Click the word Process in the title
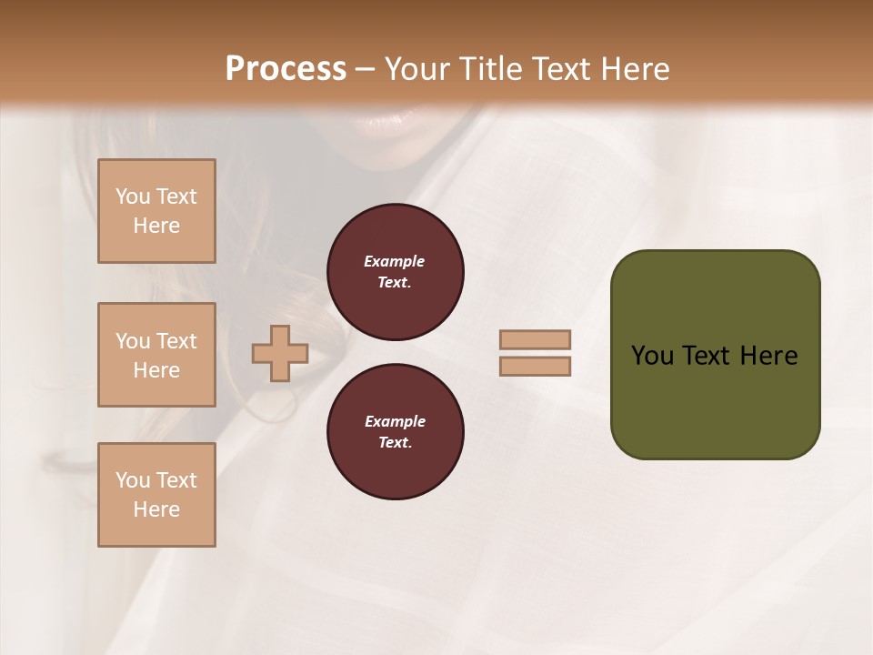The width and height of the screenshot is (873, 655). tap(286, 68)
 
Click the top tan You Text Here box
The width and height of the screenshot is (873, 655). tap(156, 211)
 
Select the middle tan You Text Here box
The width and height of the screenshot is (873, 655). tap(156, 355)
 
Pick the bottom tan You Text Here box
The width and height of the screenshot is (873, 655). tap(156, 495)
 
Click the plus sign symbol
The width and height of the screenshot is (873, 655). tap(280, 353)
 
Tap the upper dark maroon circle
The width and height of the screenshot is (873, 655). tap(396, 272)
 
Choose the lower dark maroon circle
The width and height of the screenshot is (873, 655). tap(396, 432)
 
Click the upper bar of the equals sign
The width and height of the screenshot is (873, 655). tap(535, 339)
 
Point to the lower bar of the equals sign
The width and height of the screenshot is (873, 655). tap(535, 366)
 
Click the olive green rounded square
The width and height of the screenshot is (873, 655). tap(715, 355)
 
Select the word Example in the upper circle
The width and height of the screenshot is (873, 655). tap(394, 261)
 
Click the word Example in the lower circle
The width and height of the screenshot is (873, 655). tap(395, 421)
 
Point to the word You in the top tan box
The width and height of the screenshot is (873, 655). tap(133, 196)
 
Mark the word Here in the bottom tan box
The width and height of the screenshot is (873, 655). tap(156, 509)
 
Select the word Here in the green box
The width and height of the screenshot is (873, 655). tap(768, 356)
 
